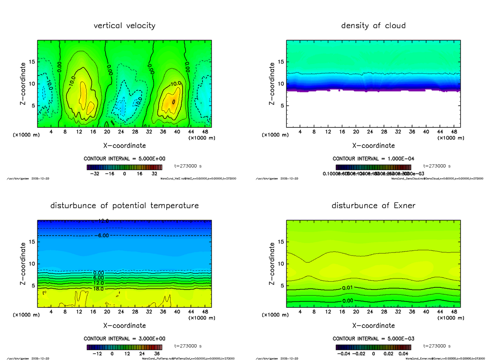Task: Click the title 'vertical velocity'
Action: [x=124, y=26]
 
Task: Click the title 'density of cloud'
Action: [x=373, y=26]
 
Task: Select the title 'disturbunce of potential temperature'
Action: [x=124, y=206]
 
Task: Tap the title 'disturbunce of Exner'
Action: [x=373, y=206]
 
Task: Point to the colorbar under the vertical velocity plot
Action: [x=124, y=167]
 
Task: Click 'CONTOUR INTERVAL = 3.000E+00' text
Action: [x=124, y=338]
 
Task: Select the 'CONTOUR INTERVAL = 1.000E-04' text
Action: [x=373, y=159]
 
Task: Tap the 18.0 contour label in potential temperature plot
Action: [x=98, y=289]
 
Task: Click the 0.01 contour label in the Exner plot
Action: [x=348, y=288]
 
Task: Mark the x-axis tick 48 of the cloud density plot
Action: [x=454, y=132]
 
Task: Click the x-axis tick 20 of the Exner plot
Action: [x=356, y=312]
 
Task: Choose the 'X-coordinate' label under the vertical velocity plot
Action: [x=124, y=146]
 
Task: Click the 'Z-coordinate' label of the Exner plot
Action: [x=272, y=264]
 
